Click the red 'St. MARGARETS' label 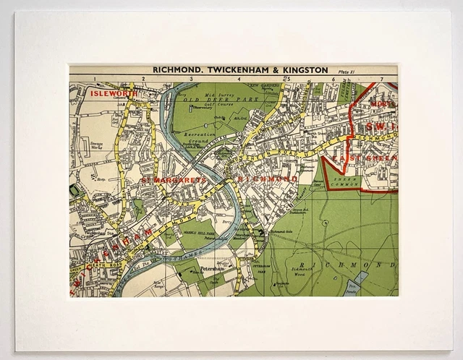(x=164, y=178)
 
